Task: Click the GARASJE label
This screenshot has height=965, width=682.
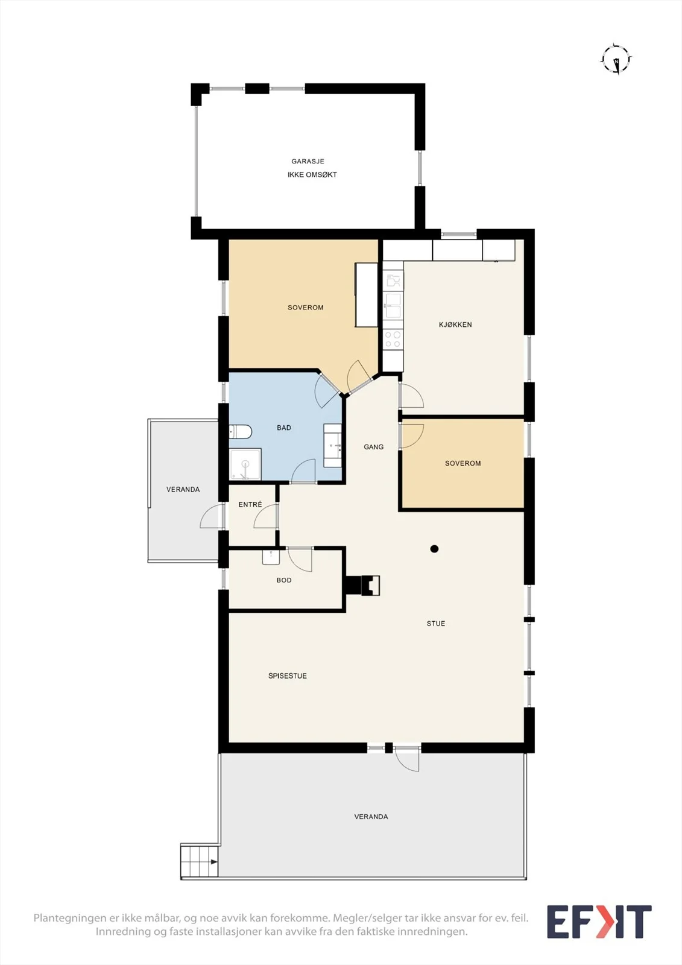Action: coord(308,161)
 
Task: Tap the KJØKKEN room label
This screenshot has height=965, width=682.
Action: coord(455,324)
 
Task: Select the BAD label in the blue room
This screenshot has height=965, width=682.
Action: coord(284,428)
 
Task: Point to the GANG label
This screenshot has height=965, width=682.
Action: coord(373,447)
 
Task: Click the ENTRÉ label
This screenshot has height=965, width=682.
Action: coord(250,504)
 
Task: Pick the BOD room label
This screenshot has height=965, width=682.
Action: coord(284,580)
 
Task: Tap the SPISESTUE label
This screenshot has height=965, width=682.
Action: coord(288,676)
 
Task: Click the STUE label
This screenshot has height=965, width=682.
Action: coord(435,624)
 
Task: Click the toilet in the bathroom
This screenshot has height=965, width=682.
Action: coord(240,431)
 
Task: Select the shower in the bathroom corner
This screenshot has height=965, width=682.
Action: coord(245,464)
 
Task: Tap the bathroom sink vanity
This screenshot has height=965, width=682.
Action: coord(333,445)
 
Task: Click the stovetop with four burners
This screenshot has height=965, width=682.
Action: coord(393,339)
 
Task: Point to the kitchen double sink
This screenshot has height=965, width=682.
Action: coord(393,305)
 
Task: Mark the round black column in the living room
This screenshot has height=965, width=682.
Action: coord(434,549)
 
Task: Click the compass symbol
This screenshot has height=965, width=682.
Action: coord(616,59)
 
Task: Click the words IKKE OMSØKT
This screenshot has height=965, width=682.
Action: coord(312,174)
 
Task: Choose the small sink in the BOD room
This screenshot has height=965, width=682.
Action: coord(271,557)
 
